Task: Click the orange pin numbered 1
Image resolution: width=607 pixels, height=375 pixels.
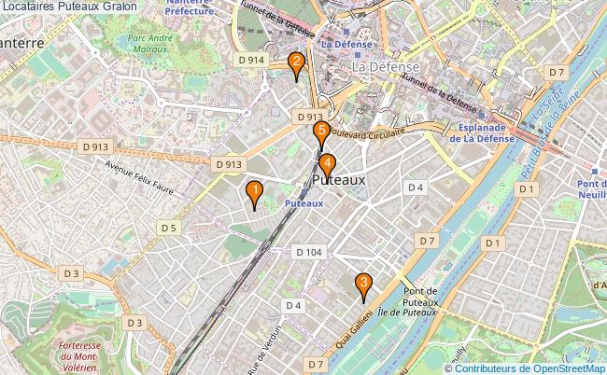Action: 253,192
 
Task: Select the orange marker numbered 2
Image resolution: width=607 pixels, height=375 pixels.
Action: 296,64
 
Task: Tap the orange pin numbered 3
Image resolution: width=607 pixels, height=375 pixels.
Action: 363,284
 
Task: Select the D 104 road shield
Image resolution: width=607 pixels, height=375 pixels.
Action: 308,252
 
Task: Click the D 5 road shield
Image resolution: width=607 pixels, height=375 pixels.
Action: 168,228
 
